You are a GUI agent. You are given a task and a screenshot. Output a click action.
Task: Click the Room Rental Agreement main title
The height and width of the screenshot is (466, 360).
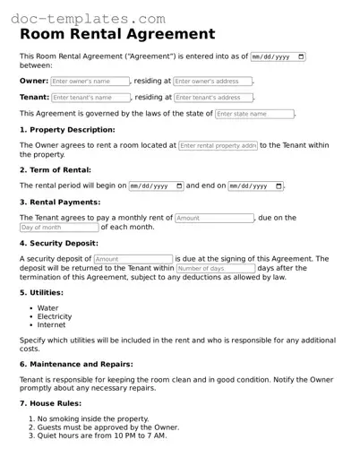click(117, 34)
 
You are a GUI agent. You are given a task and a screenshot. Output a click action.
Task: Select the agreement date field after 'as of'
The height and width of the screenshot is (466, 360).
click(279, 56)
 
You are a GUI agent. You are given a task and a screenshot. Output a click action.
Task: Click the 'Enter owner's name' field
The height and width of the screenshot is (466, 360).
click(90, 81)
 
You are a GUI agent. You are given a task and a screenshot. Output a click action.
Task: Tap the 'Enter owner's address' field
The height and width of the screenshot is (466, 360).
click(213, 81)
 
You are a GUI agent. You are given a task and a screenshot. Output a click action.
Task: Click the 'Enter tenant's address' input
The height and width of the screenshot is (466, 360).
click(212, 97)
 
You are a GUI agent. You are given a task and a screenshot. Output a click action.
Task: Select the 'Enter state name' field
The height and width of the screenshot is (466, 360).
click(254, 114)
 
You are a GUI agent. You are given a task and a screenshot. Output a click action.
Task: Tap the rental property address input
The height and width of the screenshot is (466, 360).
click(218, 145)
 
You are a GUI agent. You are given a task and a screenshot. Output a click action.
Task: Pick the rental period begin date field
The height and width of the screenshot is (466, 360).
click(156, 186)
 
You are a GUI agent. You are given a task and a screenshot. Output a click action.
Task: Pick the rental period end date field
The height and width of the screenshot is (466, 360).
click(255, 186)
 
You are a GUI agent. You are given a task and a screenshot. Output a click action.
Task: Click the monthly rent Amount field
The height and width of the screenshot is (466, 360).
click(214, 218)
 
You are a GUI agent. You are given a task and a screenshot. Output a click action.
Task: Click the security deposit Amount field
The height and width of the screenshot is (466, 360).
click(133, 259)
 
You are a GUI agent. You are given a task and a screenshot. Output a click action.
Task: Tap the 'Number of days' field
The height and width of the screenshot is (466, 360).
click(215, 268)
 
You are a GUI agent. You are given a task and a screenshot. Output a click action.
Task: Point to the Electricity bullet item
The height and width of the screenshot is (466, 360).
click(55, 316)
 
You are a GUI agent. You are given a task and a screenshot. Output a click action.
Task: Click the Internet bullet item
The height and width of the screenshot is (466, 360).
click(52, 325)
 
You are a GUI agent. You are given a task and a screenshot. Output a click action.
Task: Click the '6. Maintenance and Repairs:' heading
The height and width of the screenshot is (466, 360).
click(76, 365)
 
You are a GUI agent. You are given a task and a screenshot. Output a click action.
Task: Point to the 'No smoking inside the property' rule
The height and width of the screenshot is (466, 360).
click(90, 419)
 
